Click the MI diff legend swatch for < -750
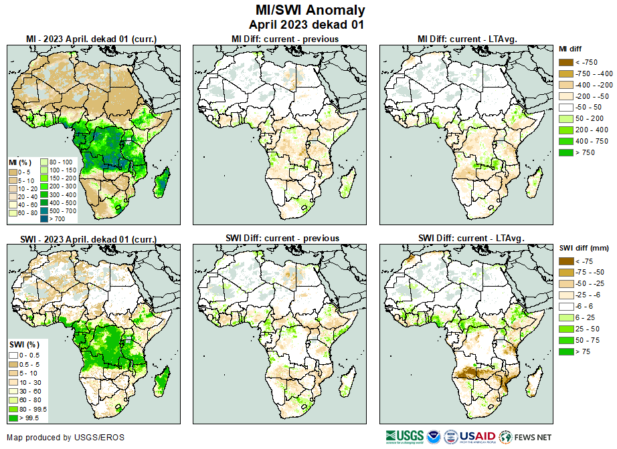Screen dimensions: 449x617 click(x=565, y=62)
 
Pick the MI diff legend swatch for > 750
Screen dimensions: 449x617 click(x=565, y=153)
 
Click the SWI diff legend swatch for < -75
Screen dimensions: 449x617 click(x=565, y=261)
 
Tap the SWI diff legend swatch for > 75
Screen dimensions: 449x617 click(x=565, y=351)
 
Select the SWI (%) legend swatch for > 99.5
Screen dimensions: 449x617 click(x=13, y=418)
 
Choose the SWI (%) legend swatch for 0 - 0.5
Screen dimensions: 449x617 click(x=13, y=355)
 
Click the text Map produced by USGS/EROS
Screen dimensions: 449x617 click(x=66, y=438)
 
